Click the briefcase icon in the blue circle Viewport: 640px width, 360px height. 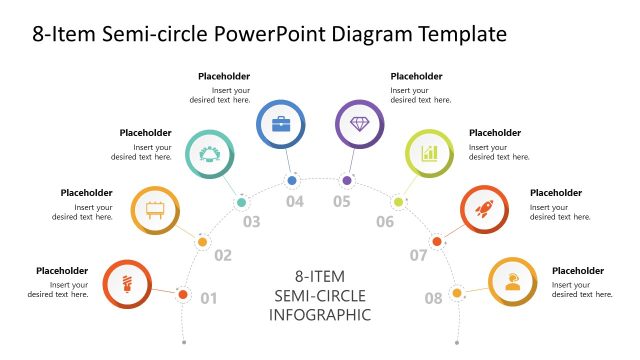281,124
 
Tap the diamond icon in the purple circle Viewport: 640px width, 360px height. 358,124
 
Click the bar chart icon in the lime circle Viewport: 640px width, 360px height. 429,153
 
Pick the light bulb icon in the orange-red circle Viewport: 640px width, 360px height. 127,283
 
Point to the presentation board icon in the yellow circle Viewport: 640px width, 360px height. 155,210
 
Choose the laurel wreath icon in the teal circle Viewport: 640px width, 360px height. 210,153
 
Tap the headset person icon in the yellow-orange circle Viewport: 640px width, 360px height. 512,281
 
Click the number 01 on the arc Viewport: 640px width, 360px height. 209,297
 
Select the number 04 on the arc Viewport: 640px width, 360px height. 294,202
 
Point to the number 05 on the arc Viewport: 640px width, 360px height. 342,202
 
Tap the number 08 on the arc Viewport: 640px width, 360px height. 433,297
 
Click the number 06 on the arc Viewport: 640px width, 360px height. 385,222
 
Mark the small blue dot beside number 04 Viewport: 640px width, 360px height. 292,181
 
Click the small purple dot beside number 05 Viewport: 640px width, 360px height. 347,181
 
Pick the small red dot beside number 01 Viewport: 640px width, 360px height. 183,294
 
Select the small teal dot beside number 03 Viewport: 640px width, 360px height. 241,202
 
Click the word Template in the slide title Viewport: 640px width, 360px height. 459,34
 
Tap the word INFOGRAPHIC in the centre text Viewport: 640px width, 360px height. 320,314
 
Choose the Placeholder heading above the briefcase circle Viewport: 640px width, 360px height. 224,76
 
